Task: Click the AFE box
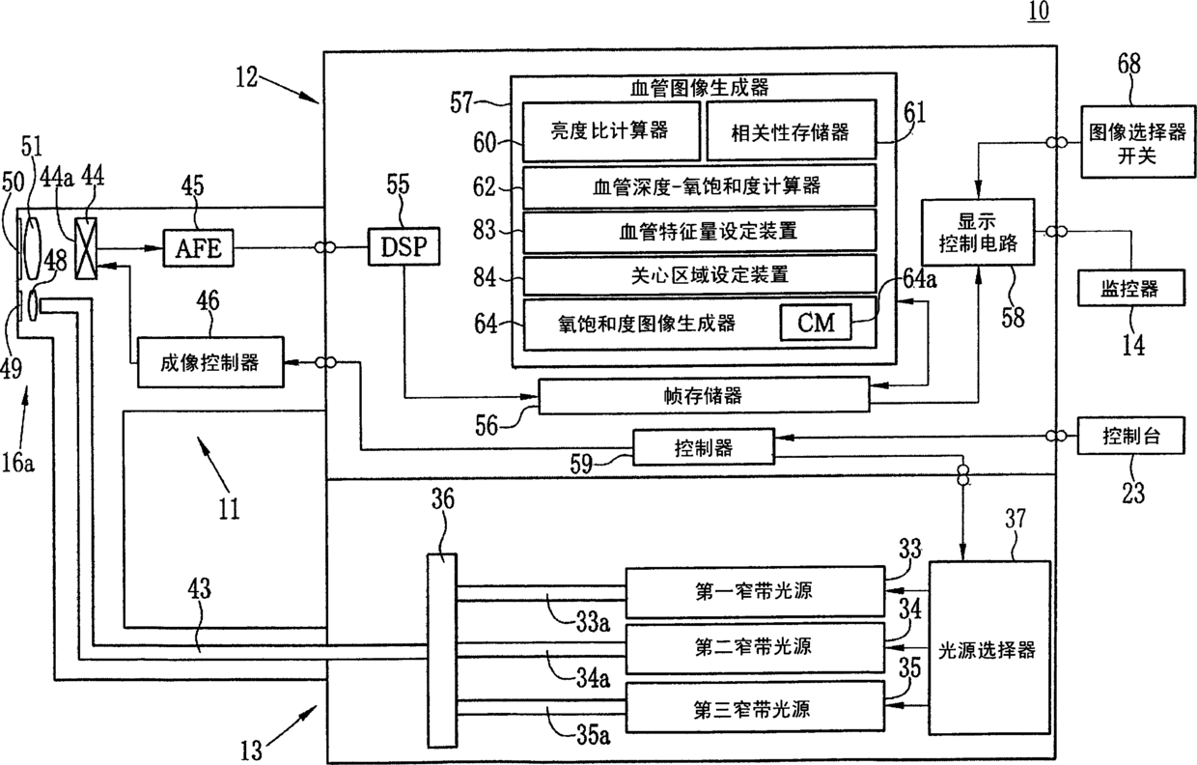pyautogui.click(x=197, y=248)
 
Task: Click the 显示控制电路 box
pyautogui.click(x=977, y=233)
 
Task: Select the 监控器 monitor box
pyautogui.click(x=1129, y=288)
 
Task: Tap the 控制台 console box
pyautogui.click(x=1129, y=436)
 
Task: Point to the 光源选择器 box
pyautogui.click(x=988, y=649)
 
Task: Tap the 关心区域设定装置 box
pyautogui.click(x=700, y=274)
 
